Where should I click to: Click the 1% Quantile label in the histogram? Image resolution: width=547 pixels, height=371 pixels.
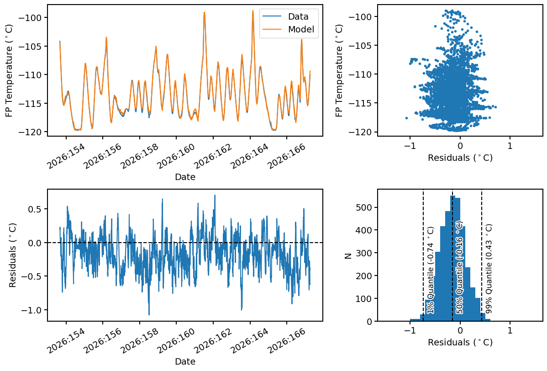pos(431,270)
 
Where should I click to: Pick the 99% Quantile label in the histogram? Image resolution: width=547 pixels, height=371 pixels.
pos(489,269)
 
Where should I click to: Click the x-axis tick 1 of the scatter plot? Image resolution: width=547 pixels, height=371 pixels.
pos(510,146)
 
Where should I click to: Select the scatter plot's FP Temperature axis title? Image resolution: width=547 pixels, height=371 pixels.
pos(339,70)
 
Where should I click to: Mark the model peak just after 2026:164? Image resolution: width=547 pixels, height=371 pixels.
pos(252,11)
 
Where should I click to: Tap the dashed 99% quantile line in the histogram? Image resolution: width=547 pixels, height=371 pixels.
pos(482,255)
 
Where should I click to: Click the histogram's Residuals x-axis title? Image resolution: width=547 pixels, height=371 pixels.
pos(460,342)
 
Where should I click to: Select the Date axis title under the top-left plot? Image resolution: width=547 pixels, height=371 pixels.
pos(185,177)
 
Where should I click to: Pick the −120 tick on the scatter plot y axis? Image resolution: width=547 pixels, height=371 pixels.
pos(361,132)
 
